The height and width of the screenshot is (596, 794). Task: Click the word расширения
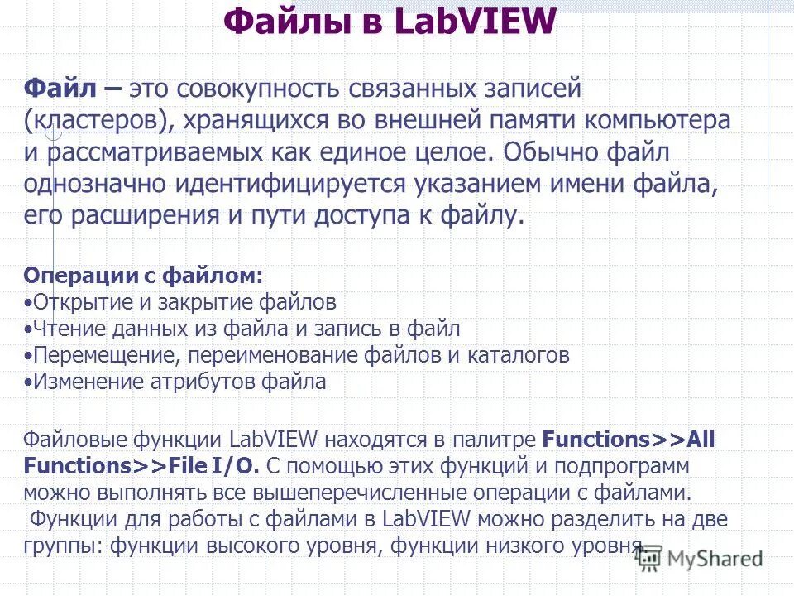coord(170,217)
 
